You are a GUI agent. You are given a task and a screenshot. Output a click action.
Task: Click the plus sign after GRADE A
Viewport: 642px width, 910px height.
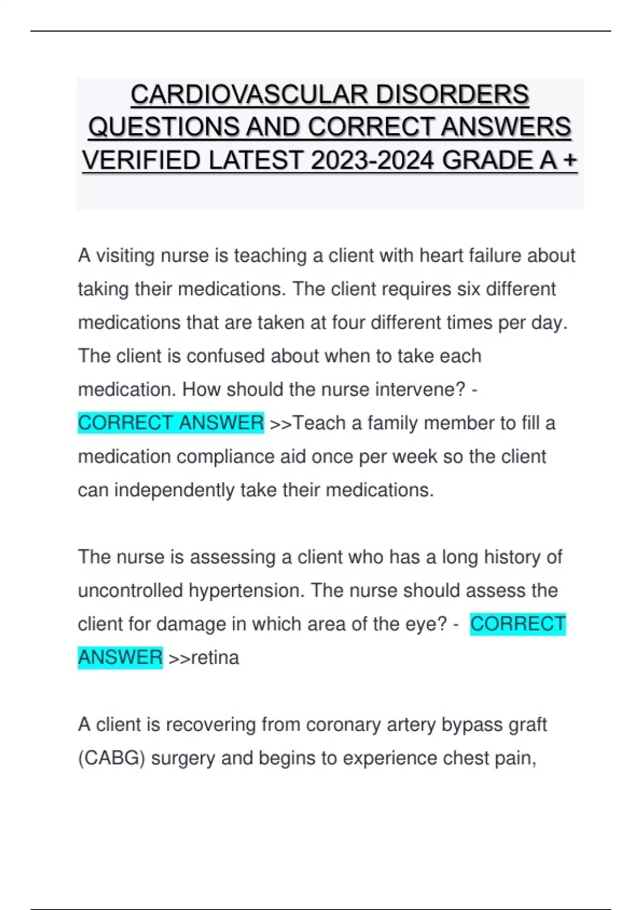click(x=570, y=161)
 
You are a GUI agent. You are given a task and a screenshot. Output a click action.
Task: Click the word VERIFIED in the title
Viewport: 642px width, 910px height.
click(x=141, y=161)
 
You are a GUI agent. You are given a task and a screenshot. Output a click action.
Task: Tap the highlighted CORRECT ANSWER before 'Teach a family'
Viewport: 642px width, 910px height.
click(x=171, y=423)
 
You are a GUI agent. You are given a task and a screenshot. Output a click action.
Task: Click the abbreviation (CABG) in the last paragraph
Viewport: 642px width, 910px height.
click(x=111, y=758)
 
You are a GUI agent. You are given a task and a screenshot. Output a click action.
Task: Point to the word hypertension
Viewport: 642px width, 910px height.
click(x=246, y=590)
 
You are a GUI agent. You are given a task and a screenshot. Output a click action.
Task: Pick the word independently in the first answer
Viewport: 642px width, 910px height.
click(x=174, y=490)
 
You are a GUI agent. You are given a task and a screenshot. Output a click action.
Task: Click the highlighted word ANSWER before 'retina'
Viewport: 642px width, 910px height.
click(x=120, y=657)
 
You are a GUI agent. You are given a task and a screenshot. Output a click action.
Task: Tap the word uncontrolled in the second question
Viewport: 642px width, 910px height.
click(x=131, y=590)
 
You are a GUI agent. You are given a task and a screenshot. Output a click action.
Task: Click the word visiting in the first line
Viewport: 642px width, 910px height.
click(x=125, y=256)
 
